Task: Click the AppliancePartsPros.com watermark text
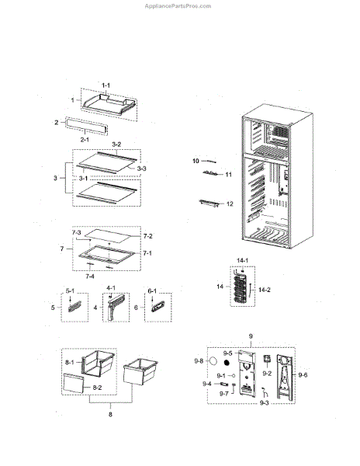pyautogui.click(x=178, y=6)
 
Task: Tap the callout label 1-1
pyautogui.click(x=106, y=85)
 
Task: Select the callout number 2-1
pyautogui.click(x=85, y=139)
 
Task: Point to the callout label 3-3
pyautogui.click(x=141, y=169)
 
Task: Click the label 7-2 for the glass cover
pyautogui.click(x=147, y=236)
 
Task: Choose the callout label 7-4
pyautogui.click(x=90, y=276)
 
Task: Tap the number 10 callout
pyautogui.click(x=196, y=161)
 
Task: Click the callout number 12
pyautogui.click(x=230, y=203)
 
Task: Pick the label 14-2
pyautogui.click(x=265, y=290)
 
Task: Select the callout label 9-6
pyautogui.click(x=303, y=375)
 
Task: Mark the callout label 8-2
pyautogui.click(x=97, y=388)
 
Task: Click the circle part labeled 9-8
pyautogui.click(x=213, y=361)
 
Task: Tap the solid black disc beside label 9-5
pyautogui.click(x=227, y=363)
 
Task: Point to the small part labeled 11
pyautogui.click(x=211, y=173)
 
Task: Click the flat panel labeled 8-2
pyautogui.click(x=73, y=384)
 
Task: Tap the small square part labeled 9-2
pyautogui.click(x=267, y=359)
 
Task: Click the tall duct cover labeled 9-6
pyautogui.click(x=284, y=376)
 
